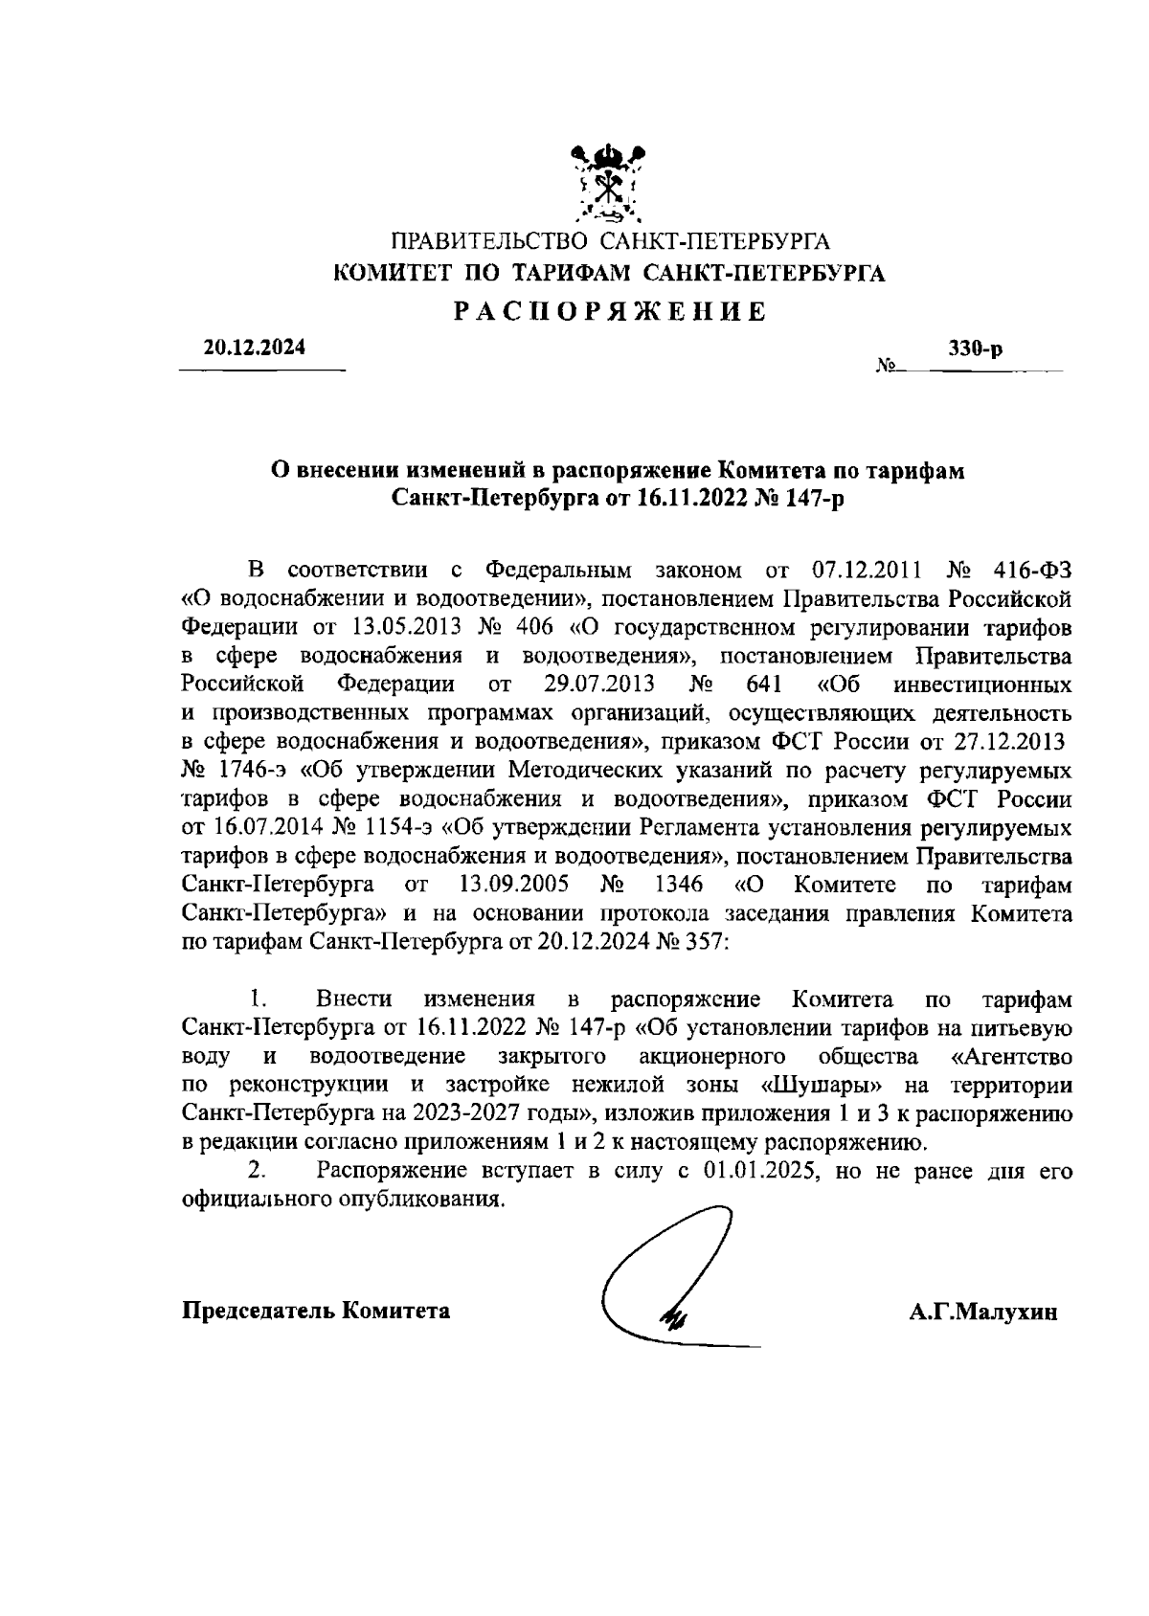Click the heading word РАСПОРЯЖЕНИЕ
pos(609,312)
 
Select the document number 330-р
pos(975,350)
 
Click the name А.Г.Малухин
pos(983,1313)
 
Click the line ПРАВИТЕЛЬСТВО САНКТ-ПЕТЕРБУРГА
pos(609,240)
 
